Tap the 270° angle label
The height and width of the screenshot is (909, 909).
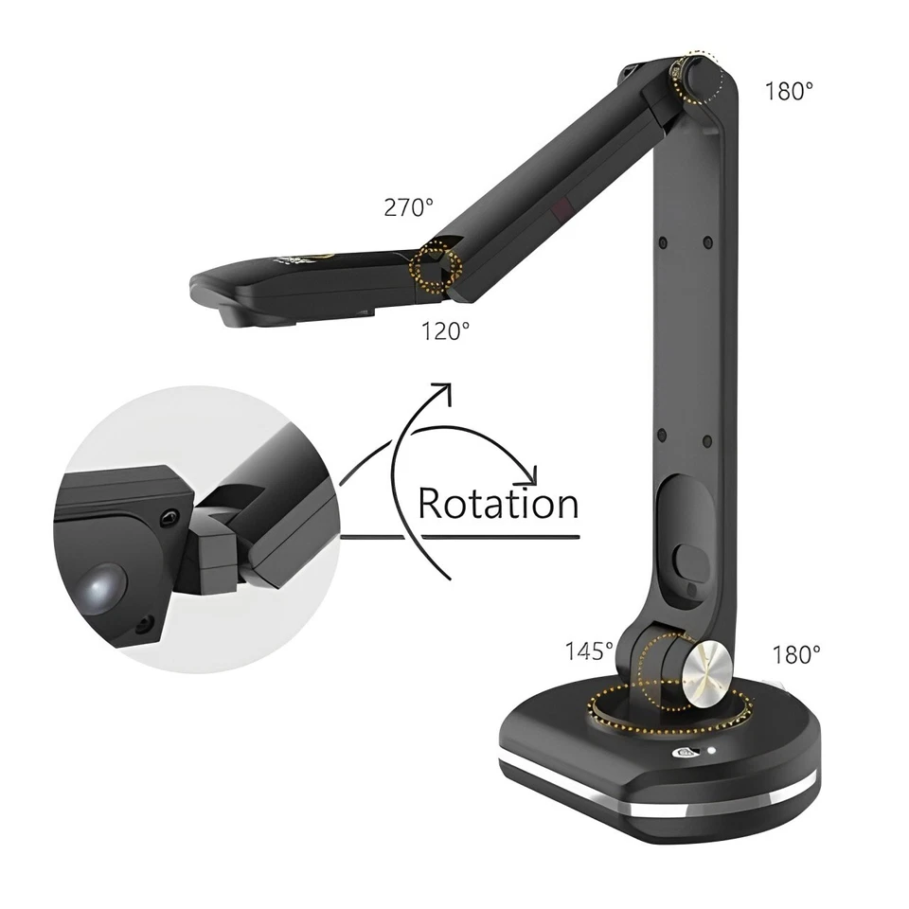point(408,208)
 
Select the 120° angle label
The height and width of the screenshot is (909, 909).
point(445,331)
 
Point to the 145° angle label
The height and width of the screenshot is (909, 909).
point(590,651)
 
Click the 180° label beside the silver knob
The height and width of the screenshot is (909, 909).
point(796,654)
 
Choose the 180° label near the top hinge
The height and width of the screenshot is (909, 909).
point(789,91)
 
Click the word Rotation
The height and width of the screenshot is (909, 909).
point(498,504)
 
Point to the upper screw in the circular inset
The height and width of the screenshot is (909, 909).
point(169,517)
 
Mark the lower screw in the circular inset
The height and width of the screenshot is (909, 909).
point(143,625)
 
